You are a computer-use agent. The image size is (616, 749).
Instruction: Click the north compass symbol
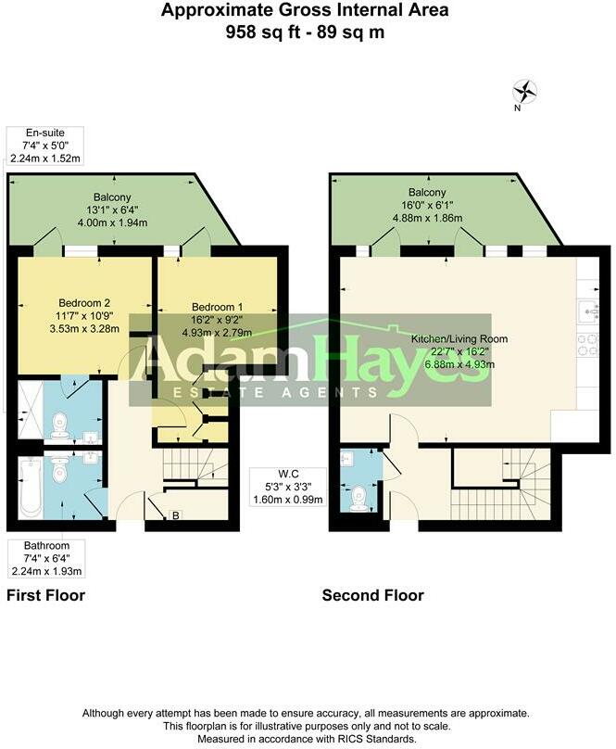point(525,91)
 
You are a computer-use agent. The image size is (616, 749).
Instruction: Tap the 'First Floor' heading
point(45,595)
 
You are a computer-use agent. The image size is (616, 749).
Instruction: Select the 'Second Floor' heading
point(372,595)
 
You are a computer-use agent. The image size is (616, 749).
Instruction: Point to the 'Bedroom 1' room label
point(218,307)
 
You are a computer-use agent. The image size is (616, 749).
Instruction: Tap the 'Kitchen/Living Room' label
point(459,339)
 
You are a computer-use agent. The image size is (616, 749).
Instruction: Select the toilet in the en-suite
point(61,425)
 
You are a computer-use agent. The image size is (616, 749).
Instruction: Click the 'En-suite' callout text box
point(45,146)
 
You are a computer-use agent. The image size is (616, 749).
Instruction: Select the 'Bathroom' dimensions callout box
point(45,558)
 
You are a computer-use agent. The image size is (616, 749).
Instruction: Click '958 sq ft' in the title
point(259,32)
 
